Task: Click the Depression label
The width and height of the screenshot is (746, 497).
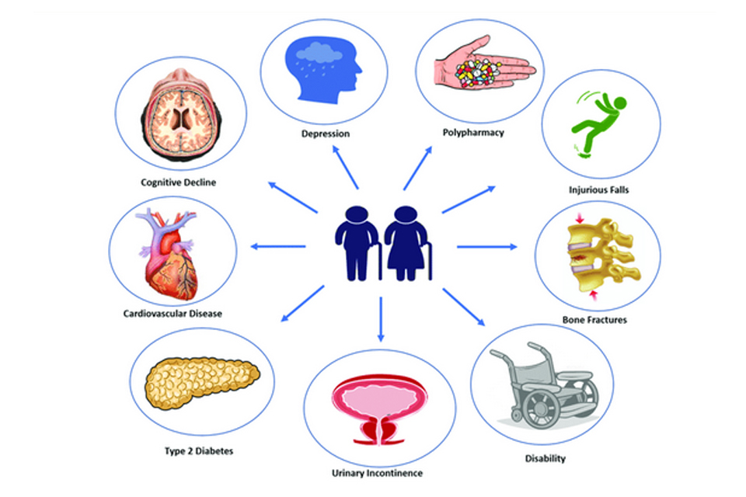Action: pyautogui.click(x=326, y=134)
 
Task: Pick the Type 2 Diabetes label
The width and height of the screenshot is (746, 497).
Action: pyautogui.click(x=199, y=450)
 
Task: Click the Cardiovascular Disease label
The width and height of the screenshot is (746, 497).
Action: pyautogui.click(x=173, y=314)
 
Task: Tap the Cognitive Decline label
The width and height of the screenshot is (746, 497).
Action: pyautogui.click(x=179, y=182)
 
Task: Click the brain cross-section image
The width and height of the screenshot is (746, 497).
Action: pyautogui.click(x=179, y=117)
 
